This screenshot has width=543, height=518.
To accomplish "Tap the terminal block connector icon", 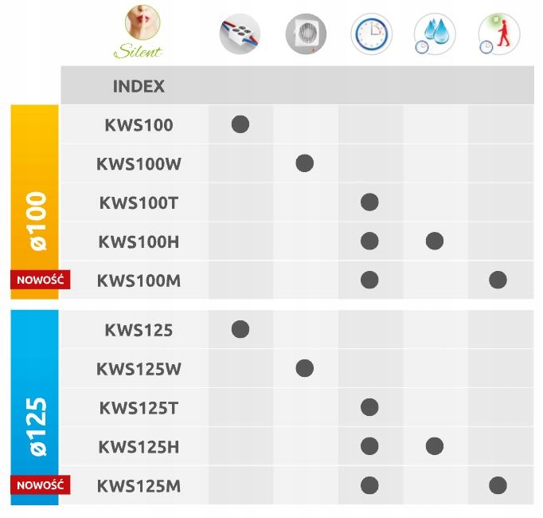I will [240, 34].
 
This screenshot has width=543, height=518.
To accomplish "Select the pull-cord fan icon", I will [306, 34].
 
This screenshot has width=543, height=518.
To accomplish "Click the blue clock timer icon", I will [370, 34].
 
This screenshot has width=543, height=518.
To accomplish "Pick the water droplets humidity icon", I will [435, 34].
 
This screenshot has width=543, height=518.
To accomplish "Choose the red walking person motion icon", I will [499, 34].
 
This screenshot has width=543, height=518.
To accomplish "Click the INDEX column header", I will [139, 86].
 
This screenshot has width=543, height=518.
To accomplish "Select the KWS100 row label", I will [139, 125].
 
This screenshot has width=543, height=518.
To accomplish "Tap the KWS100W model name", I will [139, 164].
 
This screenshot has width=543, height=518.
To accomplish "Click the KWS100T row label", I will [139, 202].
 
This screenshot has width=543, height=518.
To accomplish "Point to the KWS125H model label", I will [139, 446].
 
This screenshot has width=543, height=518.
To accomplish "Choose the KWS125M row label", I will [139, 485].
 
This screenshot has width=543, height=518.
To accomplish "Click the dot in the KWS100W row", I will [304, 163].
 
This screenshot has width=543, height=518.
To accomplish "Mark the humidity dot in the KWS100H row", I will [434, 241].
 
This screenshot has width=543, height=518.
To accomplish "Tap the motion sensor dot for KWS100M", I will [498, 280].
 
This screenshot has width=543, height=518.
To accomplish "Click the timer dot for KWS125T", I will [369, 407].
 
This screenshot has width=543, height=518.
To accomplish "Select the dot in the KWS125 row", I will [240, 329].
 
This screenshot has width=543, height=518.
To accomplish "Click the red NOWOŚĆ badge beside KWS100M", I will [41, 280].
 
